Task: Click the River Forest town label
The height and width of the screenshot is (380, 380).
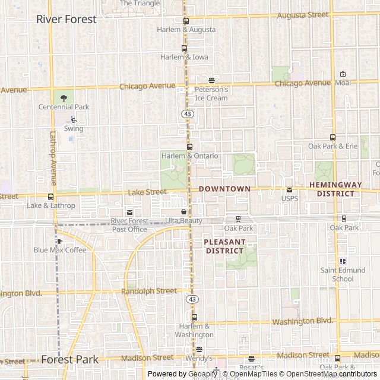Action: click(x=66, y=19)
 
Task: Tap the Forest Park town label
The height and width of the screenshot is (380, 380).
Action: click(x=69, y=359)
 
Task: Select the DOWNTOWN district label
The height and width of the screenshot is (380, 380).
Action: click(x=224, y=188)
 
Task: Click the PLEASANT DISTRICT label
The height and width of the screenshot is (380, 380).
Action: click(x=224, y=246)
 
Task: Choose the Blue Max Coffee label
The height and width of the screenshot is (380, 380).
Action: click(x=59, y=250)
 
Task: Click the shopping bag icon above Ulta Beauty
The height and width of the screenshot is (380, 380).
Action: click(x=183, y=211)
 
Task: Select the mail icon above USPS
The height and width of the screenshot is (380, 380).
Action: click(x=289, y=189)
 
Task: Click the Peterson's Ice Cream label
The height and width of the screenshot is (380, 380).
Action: click(x=211, y=94)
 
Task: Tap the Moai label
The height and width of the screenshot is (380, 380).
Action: click(x=343, y=83)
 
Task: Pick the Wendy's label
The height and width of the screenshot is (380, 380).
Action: click(x=198, y=359)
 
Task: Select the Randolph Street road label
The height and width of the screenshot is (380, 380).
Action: click(x=148, y=291)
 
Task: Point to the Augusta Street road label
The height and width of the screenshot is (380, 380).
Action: click(x=303, y=14)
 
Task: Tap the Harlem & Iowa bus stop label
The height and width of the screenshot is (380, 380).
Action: click(x=184, y=57)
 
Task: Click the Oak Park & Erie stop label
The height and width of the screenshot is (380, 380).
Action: click(x=332, y=146)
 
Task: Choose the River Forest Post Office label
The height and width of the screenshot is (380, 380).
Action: click(x=129, y=225)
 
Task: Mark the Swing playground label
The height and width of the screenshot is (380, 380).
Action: click(x=74, y=128)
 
